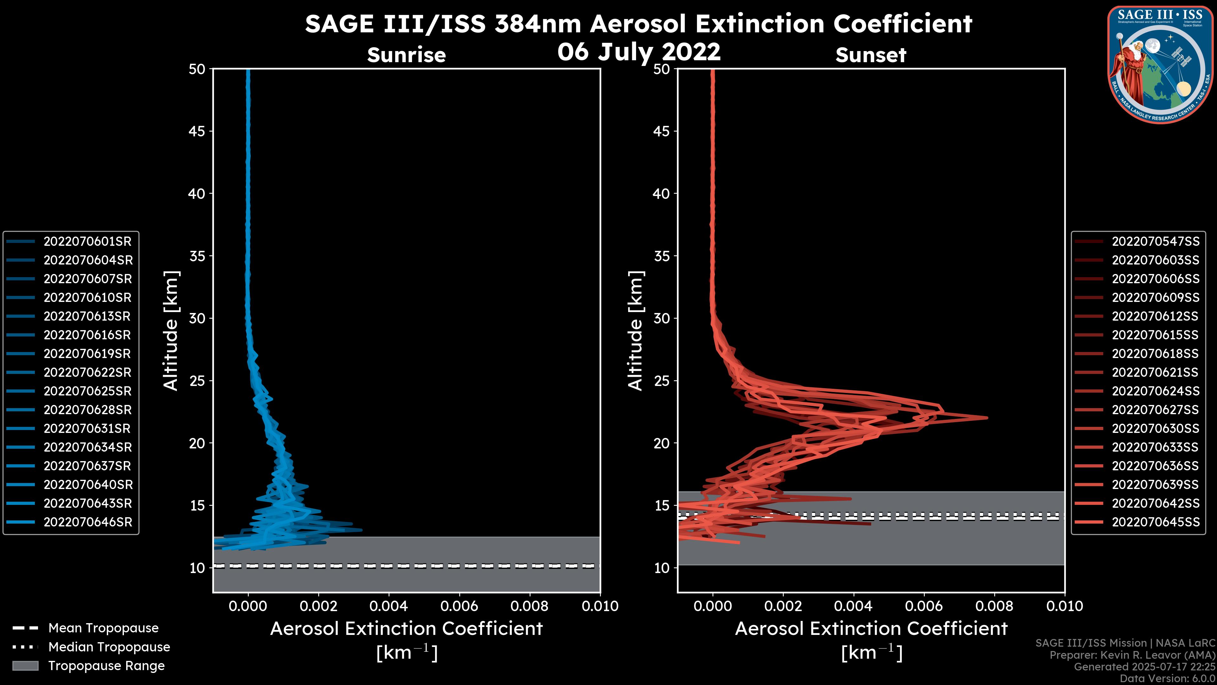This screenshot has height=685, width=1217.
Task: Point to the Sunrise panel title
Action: tap(406, 55)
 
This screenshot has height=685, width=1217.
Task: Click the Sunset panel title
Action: tap(871, 55)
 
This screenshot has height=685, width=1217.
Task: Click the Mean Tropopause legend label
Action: tap(103, 628)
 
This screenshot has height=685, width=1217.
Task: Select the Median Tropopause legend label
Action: tap(109, 647)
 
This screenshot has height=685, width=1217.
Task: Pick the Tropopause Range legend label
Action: tap(106, 666)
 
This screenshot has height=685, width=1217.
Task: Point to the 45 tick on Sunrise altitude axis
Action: tap(197, 131)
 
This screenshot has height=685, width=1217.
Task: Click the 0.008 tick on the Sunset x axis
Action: tap(995, 606)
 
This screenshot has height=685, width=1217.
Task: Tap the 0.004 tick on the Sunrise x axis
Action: tap(389, 606)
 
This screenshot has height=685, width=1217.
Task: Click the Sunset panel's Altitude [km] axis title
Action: tap(635, 330)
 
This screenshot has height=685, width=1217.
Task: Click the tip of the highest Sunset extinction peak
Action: tap(987, 417)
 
